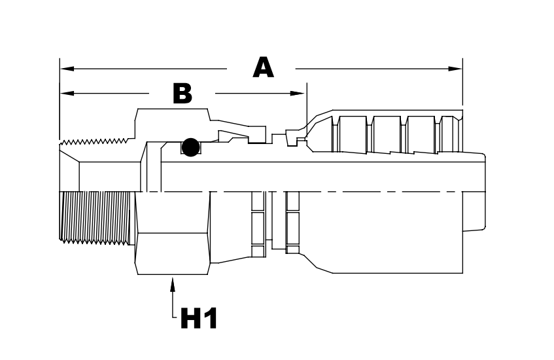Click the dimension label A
(x=263, y=67)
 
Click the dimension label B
(x=182, y=94)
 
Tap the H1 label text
(x=199, y=319)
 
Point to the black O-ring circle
(x=190, y=147)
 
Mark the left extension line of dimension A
(x=60, y=98)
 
